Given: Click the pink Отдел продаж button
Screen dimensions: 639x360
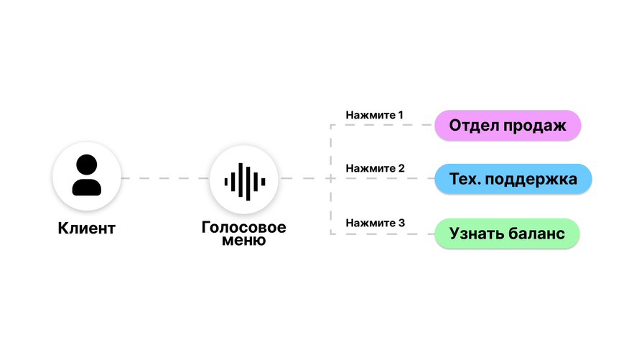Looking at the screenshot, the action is point(508,125).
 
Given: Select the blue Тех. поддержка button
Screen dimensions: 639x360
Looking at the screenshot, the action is point(513,179).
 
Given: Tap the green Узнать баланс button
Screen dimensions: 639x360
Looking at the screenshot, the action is point(507,234).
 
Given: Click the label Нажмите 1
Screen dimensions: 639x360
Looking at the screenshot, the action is point(375,115).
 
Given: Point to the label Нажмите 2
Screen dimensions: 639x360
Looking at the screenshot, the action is point(375,168).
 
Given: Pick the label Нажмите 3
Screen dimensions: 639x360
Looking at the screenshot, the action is point(375,223).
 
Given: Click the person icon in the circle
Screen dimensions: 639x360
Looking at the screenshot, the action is point(86,175).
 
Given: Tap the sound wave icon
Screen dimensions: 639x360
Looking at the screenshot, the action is point(245,181).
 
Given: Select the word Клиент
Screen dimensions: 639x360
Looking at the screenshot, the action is point(86,228).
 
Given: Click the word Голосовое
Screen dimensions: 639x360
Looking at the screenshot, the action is point(243,227).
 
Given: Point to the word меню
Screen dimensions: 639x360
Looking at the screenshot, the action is point(243,240).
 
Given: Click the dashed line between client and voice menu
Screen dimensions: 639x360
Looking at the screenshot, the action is point(165,178).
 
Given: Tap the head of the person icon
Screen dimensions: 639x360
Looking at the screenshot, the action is point(86,165).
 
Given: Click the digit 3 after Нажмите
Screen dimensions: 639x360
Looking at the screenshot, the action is point(402,223).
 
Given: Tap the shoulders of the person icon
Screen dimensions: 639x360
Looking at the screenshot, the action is point(86,187).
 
